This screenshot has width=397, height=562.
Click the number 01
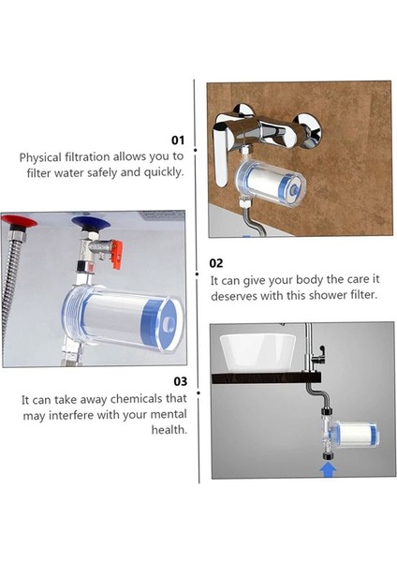[176, 140]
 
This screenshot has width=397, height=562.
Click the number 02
[216, 263]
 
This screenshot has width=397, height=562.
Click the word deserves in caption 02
[236, 294]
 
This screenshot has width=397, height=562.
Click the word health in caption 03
[169, 430]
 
